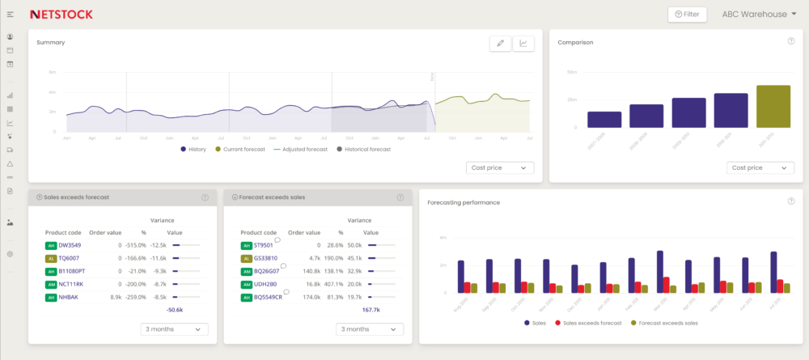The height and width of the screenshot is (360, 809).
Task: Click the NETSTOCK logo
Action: pos(61,14)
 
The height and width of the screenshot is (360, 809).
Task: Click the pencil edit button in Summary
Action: pos(500,44)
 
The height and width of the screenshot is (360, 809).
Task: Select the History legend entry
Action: pos(195,150)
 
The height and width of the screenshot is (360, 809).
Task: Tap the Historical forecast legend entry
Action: pos(363,150)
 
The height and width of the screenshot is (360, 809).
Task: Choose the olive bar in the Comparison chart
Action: pos(773,106)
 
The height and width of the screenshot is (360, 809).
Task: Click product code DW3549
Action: pos(70,245)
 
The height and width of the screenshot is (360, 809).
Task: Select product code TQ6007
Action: pos(70,258)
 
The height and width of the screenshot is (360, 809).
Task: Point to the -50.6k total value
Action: pos(174,309)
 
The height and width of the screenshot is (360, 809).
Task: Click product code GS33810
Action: pos(265,258)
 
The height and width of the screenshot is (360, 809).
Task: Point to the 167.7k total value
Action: pos(371,309)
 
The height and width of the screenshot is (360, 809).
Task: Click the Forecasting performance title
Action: pos(464,202)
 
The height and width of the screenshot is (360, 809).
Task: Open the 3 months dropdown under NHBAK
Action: pos(174,329)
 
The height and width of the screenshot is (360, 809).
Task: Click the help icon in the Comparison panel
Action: pos(790,41)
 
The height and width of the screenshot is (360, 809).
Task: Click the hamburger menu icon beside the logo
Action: pos(10,15)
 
